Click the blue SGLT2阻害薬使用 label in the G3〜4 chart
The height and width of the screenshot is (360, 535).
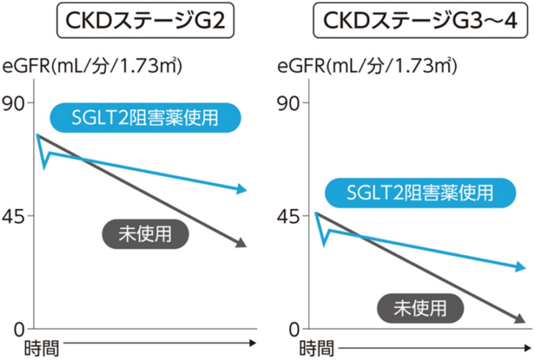point(420,193)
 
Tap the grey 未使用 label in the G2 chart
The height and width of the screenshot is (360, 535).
point(145,234)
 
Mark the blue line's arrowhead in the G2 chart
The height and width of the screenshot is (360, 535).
point(242,190)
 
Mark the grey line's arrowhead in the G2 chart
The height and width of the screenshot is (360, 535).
point(242,244)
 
